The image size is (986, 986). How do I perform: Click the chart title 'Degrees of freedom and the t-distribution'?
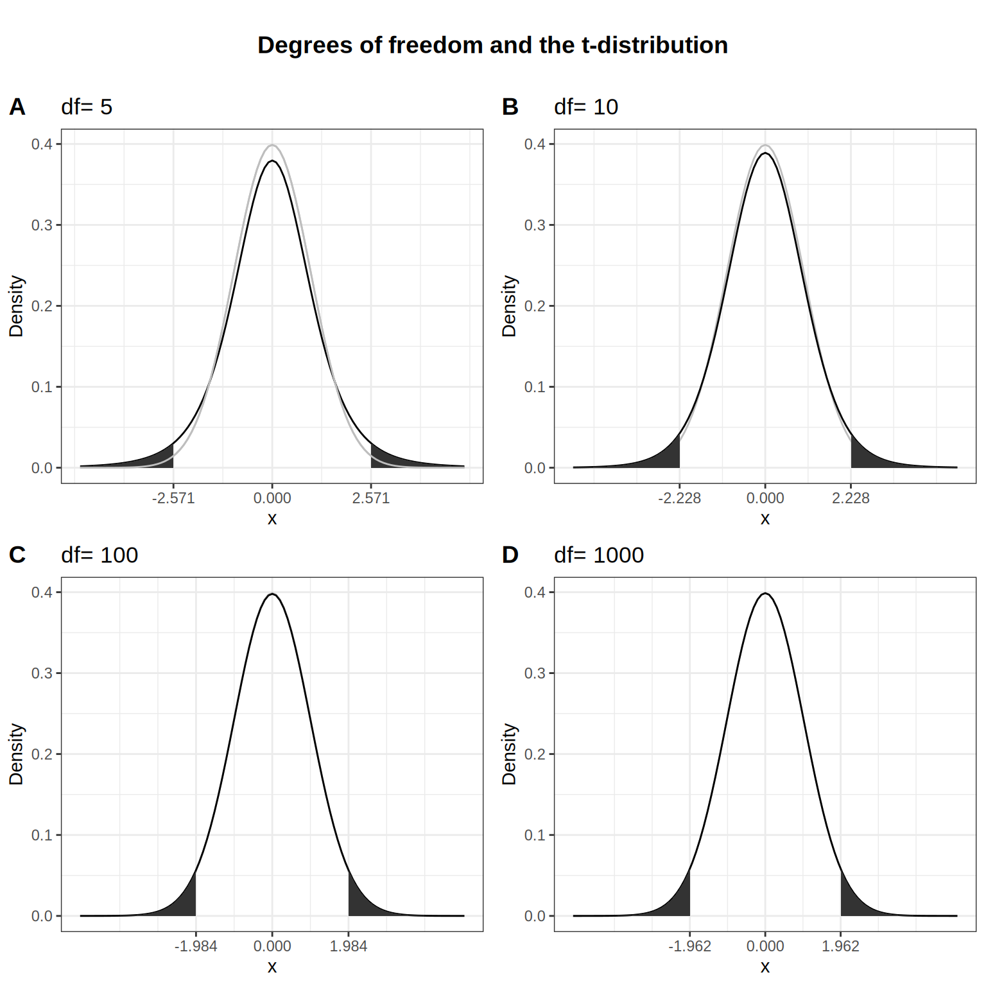point(492,46)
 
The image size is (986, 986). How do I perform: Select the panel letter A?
point(17,107)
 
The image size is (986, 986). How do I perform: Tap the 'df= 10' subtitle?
point(585,107)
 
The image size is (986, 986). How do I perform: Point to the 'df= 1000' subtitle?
point(598,555)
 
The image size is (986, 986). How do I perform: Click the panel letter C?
point(17,555)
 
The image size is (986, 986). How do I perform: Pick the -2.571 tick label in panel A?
point(173,498)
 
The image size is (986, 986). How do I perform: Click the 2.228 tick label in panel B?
point(851,498)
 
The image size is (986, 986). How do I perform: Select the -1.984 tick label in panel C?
point(196,946)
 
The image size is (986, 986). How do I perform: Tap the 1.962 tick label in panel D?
point(840,946)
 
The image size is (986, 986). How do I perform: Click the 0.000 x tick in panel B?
point(765,498)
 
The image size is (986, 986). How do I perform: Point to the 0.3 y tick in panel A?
point(42,225)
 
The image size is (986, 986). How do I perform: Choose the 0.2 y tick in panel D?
point(535,754)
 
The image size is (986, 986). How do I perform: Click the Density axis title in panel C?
point(16,754)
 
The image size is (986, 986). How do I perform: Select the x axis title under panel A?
point(272,519)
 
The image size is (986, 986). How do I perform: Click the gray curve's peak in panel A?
point(272,145)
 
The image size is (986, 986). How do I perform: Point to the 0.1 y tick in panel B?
point(535,387)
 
